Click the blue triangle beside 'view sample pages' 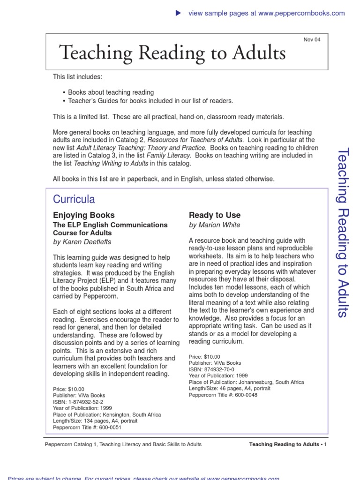point(178,13)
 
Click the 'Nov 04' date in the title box point(312,40)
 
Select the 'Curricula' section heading point(74,199)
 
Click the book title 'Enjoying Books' point(83,215)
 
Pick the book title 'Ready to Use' point(214,215)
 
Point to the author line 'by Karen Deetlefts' point(82,242)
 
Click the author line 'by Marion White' point(214,225)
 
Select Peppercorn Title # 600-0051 point(88,427)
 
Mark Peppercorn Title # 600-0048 point(223,395)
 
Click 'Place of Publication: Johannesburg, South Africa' point(246,382)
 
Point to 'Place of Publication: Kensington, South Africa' point(106,415)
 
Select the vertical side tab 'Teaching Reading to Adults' point(343,232)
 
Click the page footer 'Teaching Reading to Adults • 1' point(287,444)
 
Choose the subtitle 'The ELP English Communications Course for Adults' point(110,229)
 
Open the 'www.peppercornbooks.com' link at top point(301,13)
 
